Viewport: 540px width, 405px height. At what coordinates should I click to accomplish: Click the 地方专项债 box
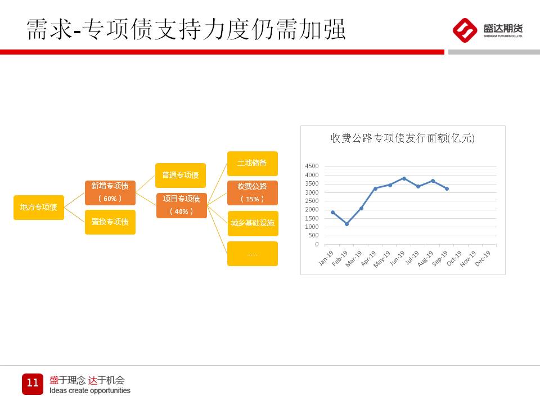click(x=39, y=208)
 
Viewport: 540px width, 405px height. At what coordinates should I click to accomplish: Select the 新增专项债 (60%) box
click(x=110, y=192)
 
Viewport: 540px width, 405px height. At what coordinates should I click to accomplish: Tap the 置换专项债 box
click(x=110, y=222)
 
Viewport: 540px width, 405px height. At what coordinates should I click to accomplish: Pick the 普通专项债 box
click(x=181, y=175)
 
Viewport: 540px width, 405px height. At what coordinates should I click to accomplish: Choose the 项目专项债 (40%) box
click(x=182, y=206)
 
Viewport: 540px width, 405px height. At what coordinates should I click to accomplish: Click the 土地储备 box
click(x=253, y=164)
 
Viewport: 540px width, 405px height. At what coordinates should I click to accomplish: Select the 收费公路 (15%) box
click(x=253, y=193)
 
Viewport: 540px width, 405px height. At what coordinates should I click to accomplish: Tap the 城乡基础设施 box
click(x=253, y=223)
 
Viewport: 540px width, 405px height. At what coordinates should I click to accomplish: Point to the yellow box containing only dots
click(x=253, y=254)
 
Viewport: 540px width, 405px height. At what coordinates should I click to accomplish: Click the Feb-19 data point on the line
click(x=347, y=224)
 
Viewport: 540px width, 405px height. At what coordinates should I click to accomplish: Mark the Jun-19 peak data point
click(x=404, y=178)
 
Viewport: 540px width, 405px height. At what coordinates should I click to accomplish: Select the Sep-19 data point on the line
click(x=447, y=189)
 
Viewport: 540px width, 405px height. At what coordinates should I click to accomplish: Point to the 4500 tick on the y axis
click(x=312, y=166)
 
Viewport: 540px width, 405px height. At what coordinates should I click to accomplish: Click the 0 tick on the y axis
click(x=317, y=244)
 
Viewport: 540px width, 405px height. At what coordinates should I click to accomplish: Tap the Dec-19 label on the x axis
click(x=482, y=258)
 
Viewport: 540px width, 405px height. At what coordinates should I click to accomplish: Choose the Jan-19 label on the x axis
click(x=326, y=258)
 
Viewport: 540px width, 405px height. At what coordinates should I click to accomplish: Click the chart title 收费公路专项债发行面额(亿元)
click(x=403, y=138)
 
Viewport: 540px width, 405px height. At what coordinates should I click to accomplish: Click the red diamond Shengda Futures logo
click(x=465, y=30)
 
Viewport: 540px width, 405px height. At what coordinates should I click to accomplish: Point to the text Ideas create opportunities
click(x=90, y=390)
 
